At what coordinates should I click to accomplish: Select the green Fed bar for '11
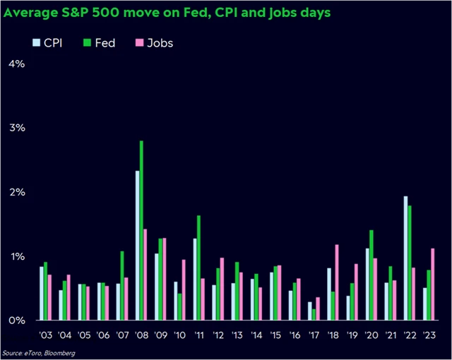[x=199, y=268]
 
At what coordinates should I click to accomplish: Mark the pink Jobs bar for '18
[x=337, y=282]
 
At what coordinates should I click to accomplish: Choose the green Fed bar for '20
[x=371, y=275]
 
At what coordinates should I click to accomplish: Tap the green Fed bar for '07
[x=122, y=285]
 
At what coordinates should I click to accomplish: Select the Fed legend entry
[x=95, y=42]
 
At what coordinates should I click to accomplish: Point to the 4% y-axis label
[x=16, y=64]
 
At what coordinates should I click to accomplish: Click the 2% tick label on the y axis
[x=16, y=192]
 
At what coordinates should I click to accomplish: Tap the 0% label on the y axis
[x=16, y=320]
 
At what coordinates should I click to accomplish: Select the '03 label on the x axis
[x=46, y=335]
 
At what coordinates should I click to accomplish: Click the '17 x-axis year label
[x=314, y=335]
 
